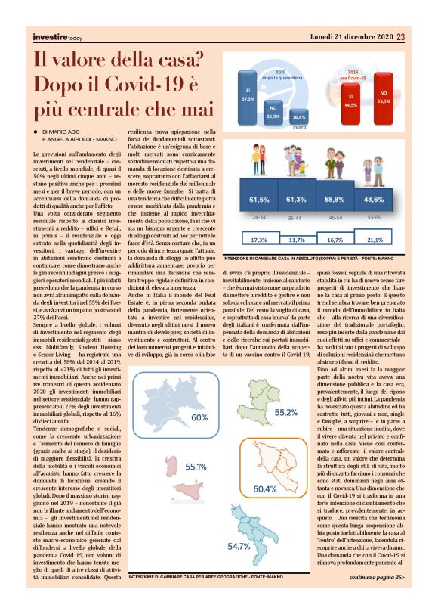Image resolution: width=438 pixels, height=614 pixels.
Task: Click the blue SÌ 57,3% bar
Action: (245, 95)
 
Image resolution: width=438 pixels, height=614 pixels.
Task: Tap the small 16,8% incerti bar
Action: (298, 117)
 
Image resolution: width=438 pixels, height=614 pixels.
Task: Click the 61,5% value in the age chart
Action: (259, 199)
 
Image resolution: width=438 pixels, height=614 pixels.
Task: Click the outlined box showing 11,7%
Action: (297, 240)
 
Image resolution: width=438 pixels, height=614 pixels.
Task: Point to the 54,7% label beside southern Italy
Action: (239, 566)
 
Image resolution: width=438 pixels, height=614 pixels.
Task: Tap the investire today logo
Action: (57, 36)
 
